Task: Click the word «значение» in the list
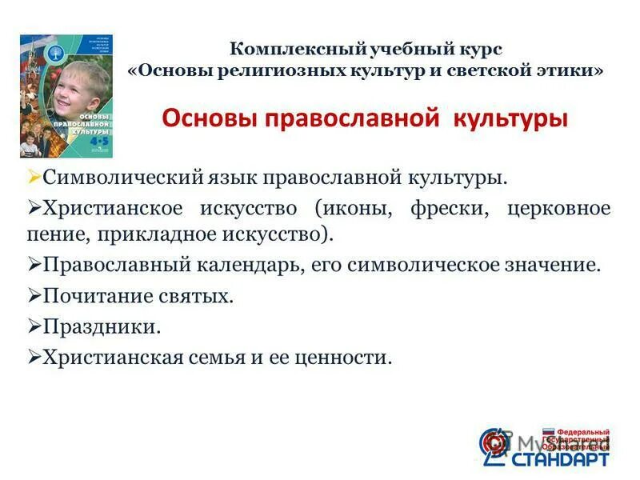[x=555, y=265]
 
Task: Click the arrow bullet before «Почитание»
[x=34, y=295]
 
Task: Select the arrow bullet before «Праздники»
[x=34, y=326]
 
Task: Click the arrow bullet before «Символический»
[x=34, y=174]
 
